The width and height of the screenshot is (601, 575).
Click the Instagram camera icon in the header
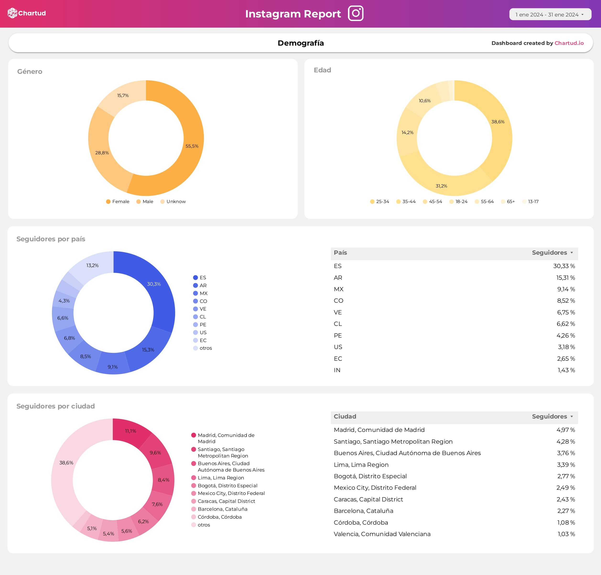click(x=355, y=13)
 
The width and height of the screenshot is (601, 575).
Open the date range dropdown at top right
click(x=550, y=14)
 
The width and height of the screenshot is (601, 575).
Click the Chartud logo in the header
click(x=27, y=13)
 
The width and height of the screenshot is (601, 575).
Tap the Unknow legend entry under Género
click(x=176, y=201)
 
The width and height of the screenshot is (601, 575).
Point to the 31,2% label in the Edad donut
click(x=441, y=186)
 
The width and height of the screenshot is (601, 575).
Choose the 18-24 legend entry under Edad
click(x=461, y=201)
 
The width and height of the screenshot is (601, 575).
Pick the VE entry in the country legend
click(x=203, y=309)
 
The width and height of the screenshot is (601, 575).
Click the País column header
click(x=340, y=253)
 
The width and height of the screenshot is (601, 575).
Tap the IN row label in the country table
click(x=337, y=370)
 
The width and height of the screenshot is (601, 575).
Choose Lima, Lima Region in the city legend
click(x=221, y=478)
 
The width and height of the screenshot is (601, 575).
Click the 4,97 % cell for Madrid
click(x=565, y=430)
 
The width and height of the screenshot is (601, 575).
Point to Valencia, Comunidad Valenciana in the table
click(x=382, y=534)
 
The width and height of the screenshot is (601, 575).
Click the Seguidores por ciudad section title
click(x=55, y=406)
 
